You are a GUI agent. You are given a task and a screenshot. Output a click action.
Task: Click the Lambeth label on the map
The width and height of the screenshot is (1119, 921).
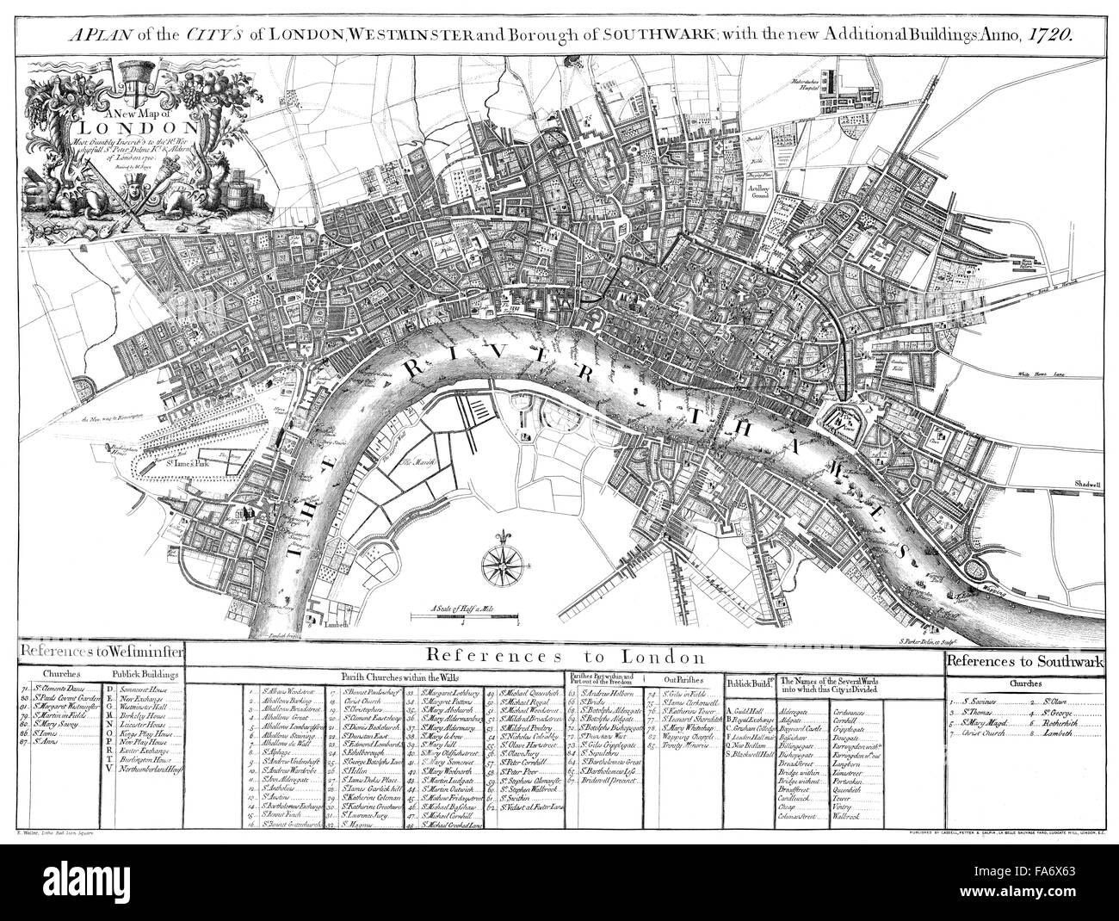click(x=337, y=626)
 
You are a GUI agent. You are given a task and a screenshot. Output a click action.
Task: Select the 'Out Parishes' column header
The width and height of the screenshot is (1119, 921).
click(x=683, y=678)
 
